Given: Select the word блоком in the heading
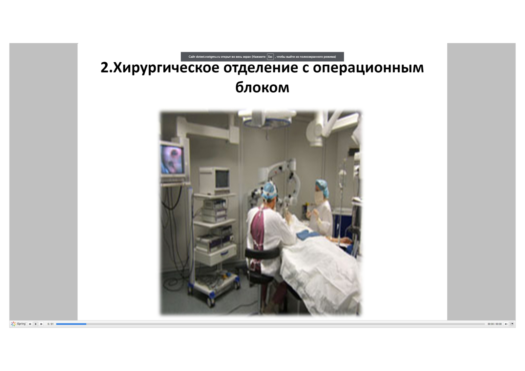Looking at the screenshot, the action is pos(262,87).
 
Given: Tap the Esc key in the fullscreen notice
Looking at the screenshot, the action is pos(270,57).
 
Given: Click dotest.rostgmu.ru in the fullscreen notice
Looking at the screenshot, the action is pos(208,57).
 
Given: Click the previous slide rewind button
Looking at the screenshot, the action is pos(30,324).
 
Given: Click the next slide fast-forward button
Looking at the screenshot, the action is pos(41,324).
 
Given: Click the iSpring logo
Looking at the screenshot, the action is pos(18,324).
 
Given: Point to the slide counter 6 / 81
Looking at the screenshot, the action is pos(51,324).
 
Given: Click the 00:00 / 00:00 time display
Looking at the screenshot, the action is pos(494,324).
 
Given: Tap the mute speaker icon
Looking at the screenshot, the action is pos(506,324).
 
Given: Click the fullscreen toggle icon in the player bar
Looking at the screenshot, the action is pos(512,324).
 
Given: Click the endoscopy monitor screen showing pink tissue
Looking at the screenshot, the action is pos(172,159).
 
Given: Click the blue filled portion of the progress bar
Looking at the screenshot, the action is pos(71,324).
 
